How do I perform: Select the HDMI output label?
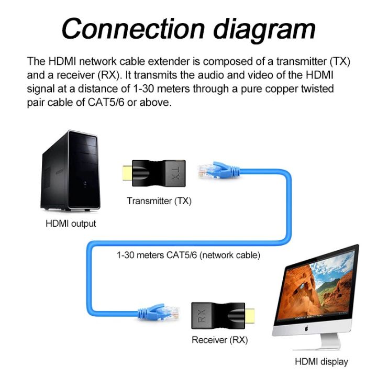coord(71,224)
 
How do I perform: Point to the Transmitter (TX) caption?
coord(159,201)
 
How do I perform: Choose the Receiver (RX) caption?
coord(219,340)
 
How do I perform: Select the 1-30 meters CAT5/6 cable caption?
coord(188,256)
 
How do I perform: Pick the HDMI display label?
coord(321,361)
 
